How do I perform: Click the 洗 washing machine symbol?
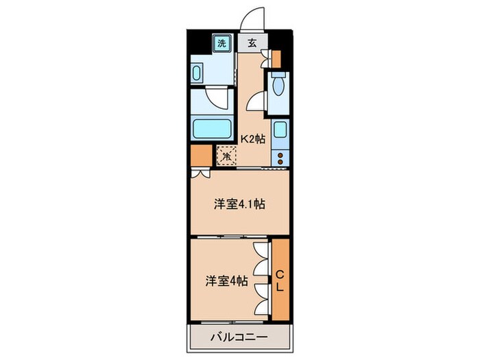[x=221, y=43]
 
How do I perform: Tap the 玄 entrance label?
[x=252, y=43]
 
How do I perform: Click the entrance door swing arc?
[x=253, y=18]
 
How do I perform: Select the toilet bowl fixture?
[x=278, y=86]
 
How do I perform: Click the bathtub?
[x=213, y=128]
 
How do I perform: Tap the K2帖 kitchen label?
[x=252, y=139]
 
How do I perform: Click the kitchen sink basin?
[x=280, y=129]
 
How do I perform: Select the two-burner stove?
[x=280, y=157]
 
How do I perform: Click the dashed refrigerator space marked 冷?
[x=226, y=156]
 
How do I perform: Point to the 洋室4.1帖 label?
[x=239, y=203]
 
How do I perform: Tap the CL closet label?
[x=280, y=281]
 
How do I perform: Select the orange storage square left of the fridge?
[x=201, y=156]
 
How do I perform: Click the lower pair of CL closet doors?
[x=261, y=299]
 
